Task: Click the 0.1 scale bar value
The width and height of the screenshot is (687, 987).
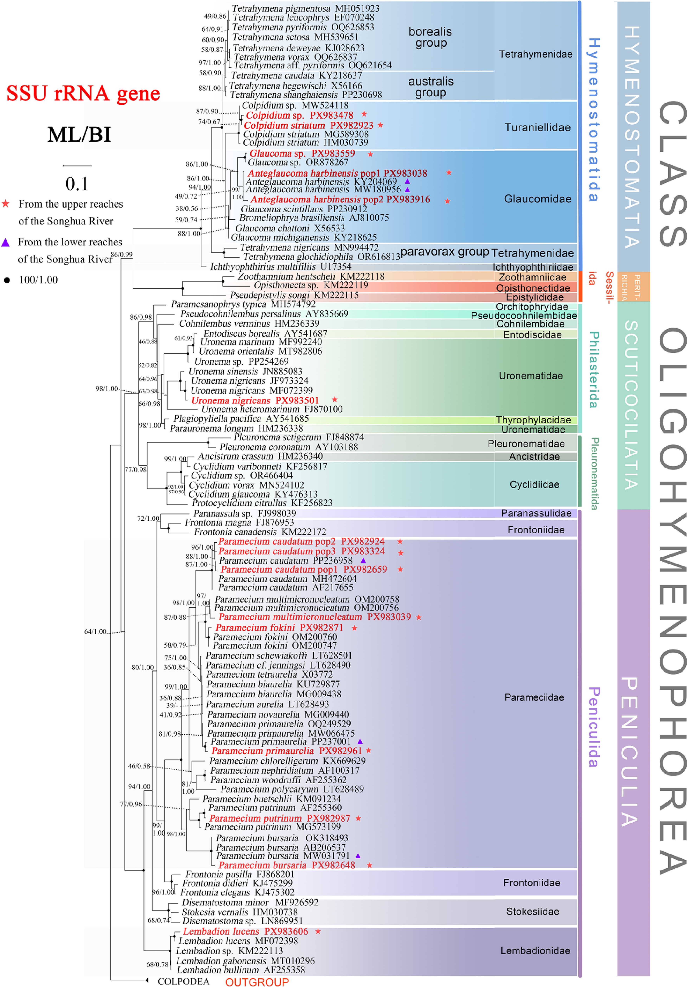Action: (x=77, y=184)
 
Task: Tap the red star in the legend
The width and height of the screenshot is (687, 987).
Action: (x=6, y=204)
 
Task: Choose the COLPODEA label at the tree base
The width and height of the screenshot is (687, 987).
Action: (x=184, y=981)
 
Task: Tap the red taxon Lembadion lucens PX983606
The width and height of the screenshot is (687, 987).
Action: (x=245, y=931)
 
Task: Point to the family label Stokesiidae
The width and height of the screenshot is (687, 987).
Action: (x=533, y=911)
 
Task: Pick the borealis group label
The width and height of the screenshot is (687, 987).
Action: (x=430, y=37)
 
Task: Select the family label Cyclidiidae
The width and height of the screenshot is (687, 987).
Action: (x=534, y=484)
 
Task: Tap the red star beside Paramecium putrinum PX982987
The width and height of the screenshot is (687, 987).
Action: (x=358, y=818)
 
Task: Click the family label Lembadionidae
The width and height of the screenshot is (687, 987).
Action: (x=535, y=951)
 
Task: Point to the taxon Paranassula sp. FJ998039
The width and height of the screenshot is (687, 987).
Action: (x=245, y=513)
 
